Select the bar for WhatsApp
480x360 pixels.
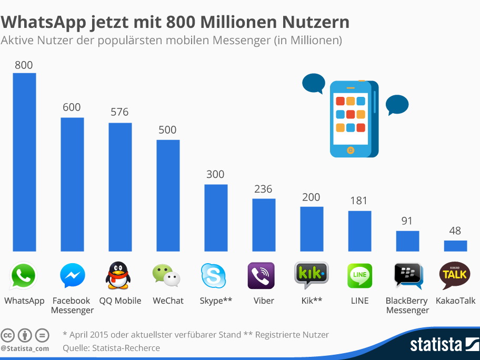24,162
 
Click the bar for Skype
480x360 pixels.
216,218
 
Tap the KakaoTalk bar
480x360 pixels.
455,246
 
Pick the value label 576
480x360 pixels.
119,112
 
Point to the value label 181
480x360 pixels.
358,201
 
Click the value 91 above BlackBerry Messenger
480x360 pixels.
407,221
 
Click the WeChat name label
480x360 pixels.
168,301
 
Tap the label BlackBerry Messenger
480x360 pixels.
407,305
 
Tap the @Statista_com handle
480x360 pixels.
25,348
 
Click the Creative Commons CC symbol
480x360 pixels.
8,335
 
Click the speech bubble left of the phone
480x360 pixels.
314,84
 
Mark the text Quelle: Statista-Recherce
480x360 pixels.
111,348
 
